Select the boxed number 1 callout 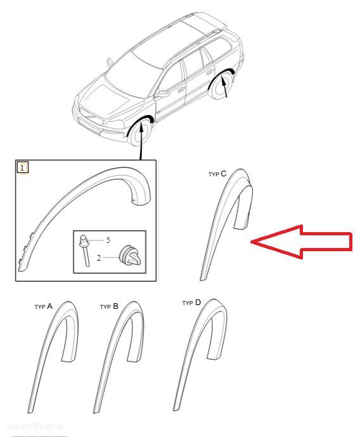tap(23, 168)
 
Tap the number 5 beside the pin tap(108, 240)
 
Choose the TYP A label tap(44, 306)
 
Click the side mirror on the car tap(162, 93)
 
